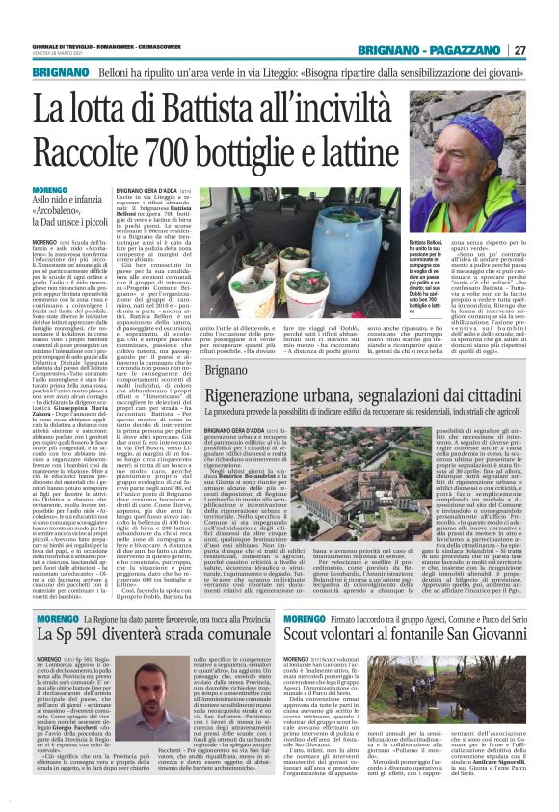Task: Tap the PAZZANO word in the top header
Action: click(466, 50)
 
